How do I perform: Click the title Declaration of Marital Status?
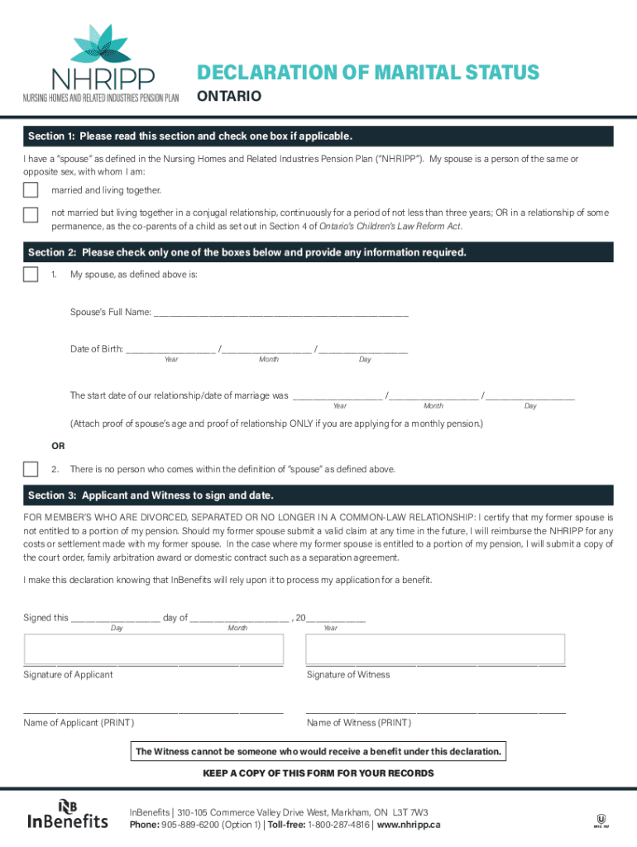pyautogui.click(x=367, y=73)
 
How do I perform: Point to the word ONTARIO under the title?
pyautogui.click(x=228, y=97)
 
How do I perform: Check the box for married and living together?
pyautogui.click(x=31, y=190)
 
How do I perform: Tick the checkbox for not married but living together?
pyautogui.click(x=31, y=215)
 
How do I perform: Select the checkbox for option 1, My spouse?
pyautogui.click(x=31, y=274)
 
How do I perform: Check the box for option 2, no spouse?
pyautogui.click(x=31, y=469)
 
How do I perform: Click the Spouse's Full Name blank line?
pyautogui.click(x=280, y=313)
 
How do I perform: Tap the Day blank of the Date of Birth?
pyautogui.click(x=364, y=350)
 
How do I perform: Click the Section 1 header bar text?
pyautogui.click(x=190, y=136)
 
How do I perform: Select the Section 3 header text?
pyautogui.click(x=151, y=495)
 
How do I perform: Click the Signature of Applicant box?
pyautogui.click(x=154, y=648)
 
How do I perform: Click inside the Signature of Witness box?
pyautogui.click(x=435, y=648)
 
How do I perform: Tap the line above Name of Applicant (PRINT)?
pyautogui.click(x=154, y=711)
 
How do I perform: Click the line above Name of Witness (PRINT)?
pyautogui.click(x=435, y=711)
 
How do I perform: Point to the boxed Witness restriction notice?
pyautogui.click(x=318, y=752)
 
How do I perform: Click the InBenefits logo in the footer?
pyautogui.click(x=68, y=814)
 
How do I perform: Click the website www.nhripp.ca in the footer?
pyautogui.click(x=409, y=825)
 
